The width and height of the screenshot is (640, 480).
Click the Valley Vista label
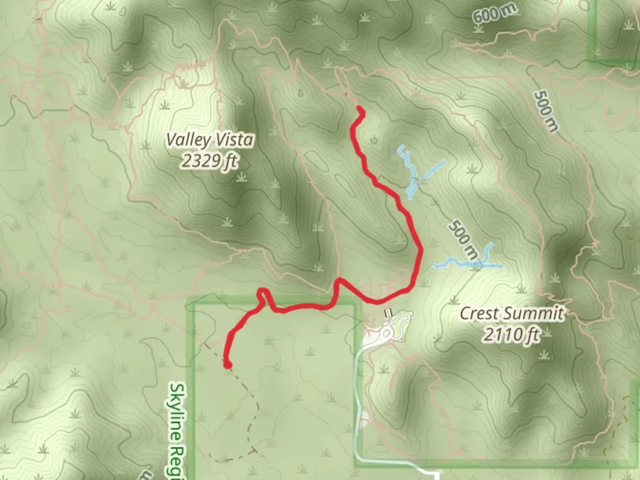[x=210, y=140]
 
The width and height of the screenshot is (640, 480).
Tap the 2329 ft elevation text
[x=209, y=160]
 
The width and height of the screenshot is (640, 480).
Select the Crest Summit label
[x=512, y=313]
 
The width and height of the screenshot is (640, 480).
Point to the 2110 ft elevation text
[x=512, y=334]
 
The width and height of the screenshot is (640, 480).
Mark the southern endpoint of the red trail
[x=228, y=365]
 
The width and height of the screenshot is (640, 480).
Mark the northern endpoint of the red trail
[x=359, y=109]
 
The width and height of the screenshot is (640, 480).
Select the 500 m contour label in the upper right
[x=546, y=111]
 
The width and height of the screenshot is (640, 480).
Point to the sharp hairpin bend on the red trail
[x=263, y=292]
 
